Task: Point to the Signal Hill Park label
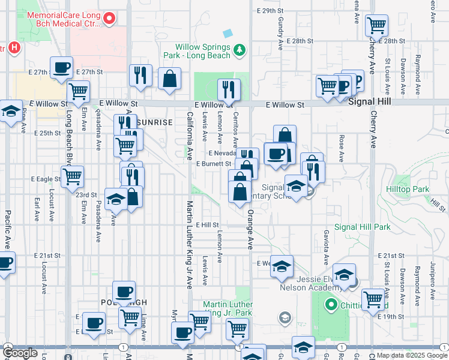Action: (x=362, y=227)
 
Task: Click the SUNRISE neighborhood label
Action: (x=154, y=122)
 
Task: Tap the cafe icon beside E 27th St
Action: (x=61, y=68)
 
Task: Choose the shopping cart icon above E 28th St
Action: (x=376, y=25)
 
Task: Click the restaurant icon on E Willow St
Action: (x=228, y=89)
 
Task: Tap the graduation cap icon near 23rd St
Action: (x=115, y=199)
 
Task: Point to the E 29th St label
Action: (x=268, y=11)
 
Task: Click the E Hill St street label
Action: (x=209, y=225)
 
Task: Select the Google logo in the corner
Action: (x=20, y=353)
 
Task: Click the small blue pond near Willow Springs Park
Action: (x=228, y=33)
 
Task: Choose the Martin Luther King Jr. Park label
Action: (x=227, y=308)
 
